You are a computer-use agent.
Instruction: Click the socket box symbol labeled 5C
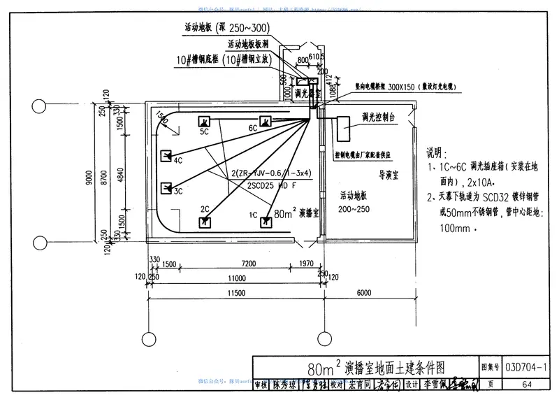(205, 120)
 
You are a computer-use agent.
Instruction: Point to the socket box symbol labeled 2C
(205, 221)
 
